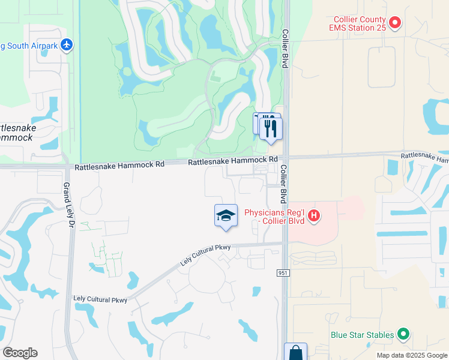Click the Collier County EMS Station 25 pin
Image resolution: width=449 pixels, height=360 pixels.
[x=394, y=23]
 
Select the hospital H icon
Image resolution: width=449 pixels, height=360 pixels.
[x=313, y=217]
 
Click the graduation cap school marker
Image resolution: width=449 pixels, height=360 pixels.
[x=226, y=216]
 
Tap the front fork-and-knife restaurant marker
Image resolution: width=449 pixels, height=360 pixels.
[x=271, y=128]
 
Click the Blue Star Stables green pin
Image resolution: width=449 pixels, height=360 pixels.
[x=403, y=334]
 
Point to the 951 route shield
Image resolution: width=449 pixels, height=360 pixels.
[x=283, y=273]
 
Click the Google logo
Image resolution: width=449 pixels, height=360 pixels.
[x=20, y=352]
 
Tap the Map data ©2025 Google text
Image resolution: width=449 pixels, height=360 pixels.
[x=411, y=355]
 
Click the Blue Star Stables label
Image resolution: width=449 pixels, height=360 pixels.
[x=363, y=334]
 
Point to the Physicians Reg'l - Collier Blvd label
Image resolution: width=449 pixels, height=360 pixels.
[x=274, y=217]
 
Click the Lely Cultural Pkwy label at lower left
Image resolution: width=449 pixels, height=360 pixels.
[x=100, y=298]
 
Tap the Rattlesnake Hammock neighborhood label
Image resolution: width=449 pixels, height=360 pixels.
[x=17, y=133]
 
